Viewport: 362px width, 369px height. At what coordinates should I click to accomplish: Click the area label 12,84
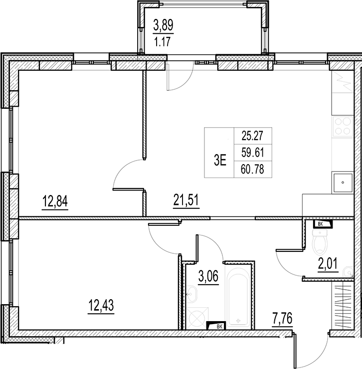click(55, 202)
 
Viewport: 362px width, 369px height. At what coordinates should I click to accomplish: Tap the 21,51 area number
click(186, 201)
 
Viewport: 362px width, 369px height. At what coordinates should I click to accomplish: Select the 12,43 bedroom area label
click(101, 306)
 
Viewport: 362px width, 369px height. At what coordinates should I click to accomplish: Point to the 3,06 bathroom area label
click(208, 277)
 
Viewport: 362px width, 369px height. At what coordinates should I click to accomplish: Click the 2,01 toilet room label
click(328, 264)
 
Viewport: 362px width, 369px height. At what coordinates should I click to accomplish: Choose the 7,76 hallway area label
click(282, 319)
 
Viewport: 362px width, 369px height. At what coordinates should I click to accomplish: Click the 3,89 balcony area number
click(164, 25)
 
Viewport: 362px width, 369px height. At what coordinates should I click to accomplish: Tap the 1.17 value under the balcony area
click(162, 42)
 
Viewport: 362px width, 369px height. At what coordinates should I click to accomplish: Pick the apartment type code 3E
click(220, 161)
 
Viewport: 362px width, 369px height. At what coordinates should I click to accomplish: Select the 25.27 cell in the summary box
click(253, 136)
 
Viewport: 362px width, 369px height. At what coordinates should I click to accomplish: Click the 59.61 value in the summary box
click(253, 153)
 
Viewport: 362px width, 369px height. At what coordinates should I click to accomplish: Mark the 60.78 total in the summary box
click(253, 169)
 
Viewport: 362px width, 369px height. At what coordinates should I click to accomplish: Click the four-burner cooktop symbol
click(343, 126)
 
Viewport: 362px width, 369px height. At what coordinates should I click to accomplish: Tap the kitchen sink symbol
click(343, 183)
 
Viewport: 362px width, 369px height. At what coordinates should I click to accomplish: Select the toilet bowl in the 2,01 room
click(321, 242)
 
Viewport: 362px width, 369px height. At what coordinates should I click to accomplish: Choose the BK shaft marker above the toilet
click(322, 224)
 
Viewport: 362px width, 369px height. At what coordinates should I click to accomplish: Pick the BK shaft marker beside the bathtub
click(216, 326)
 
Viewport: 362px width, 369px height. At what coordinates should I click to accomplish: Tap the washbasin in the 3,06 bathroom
click(192, 294)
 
